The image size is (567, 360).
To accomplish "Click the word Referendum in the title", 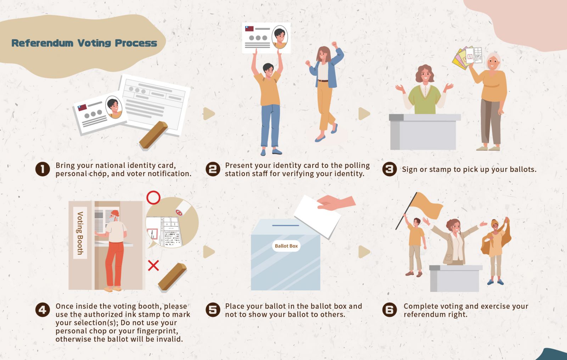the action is point(42,43).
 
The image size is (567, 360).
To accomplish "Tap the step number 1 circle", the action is point(43,169).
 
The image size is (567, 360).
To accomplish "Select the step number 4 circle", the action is point(43,310).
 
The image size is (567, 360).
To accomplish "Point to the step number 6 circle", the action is point(389,310).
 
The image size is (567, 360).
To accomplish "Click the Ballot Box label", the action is point(286,246).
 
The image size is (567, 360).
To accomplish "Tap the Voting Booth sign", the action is point(80,233).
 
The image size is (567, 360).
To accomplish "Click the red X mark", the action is point(153,265).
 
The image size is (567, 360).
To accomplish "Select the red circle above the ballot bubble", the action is point(153,197).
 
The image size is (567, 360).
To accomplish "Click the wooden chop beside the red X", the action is point(172,277).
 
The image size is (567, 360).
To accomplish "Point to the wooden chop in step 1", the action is point(153,135).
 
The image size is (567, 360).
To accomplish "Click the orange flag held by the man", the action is point(426,206).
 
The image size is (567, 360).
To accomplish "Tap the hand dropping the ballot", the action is point(336,203).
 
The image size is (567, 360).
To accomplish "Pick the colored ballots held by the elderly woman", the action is point(467,57).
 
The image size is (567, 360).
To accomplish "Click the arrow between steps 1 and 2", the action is point(209,114).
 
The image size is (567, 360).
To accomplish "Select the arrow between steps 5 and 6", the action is point(364,252).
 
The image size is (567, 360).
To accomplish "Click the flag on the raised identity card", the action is point(249,29).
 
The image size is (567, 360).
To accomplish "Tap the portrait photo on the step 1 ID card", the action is point(114,107).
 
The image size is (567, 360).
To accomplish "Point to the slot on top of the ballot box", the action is point(286,225).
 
